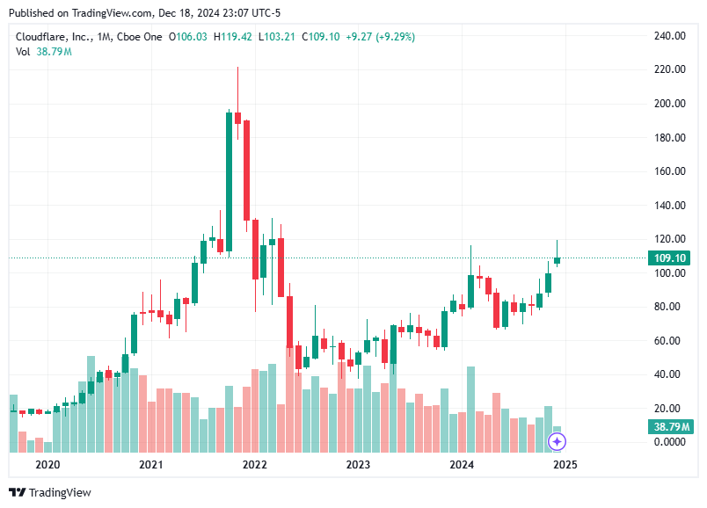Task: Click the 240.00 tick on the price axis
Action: click(x=670, y=36)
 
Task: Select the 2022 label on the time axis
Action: click(x=254, y=464)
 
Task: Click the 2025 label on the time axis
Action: click(x=565, y=464)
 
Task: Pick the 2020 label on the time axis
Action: click(x=47, y=464)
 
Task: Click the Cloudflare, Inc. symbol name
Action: click(x=54, y=36)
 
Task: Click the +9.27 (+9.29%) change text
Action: click(x=381, y=36)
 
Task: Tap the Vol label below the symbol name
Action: click(x=24, y=52)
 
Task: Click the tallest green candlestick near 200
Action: click(x=229, y=180)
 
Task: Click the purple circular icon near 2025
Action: click(x=556, y=441)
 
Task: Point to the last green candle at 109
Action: click(x=557, y=259)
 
